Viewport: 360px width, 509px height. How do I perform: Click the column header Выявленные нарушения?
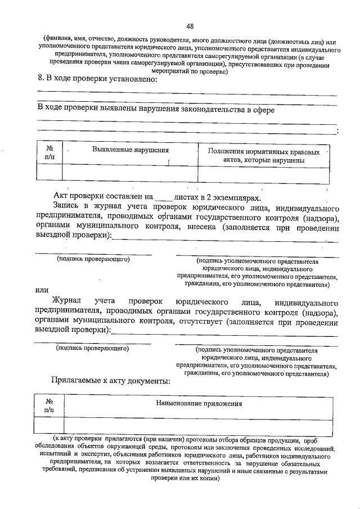130,150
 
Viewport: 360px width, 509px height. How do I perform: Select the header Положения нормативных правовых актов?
264,156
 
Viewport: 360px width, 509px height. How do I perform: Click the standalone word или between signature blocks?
42,290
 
